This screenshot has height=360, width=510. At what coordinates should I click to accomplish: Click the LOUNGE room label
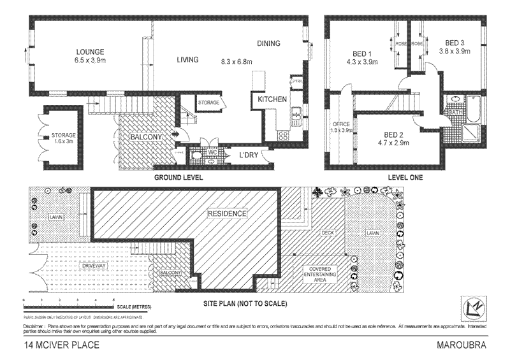point(89,52)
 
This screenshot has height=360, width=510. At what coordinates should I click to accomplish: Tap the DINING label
point(268,43)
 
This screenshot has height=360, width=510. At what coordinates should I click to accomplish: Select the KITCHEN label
point(272,100)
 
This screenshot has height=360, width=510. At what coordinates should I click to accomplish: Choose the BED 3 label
point(453,43)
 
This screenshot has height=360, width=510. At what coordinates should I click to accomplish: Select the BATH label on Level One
point(455,113)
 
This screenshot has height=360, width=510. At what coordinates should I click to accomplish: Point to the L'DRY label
point(248,155)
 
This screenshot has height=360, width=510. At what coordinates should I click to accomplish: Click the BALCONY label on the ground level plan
point(145,136)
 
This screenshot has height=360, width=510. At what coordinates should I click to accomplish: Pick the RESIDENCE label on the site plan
point(227,214)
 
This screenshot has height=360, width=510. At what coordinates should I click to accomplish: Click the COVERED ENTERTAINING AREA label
point(321,272)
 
